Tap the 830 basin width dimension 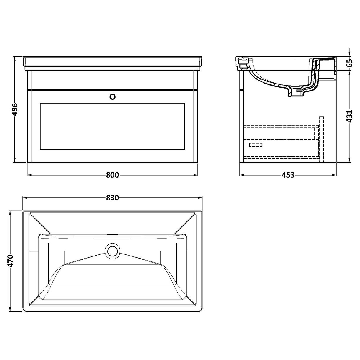point(112,198)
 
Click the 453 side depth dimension point(288,175)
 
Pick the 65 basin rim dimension point(349,63)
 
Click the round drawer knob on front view point(113,96)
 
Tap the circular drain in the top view point(112,251)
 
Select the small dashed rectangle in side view point(255,145)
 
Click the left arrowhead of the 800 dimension point(29,175)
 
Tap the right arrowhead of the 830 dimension point(200,198)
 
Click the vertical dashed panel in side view point(321,139)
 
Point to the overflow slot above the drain point(112,235)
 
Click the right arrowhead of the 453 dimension point(334,175)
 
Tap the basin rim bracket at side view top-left point(242,63)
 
